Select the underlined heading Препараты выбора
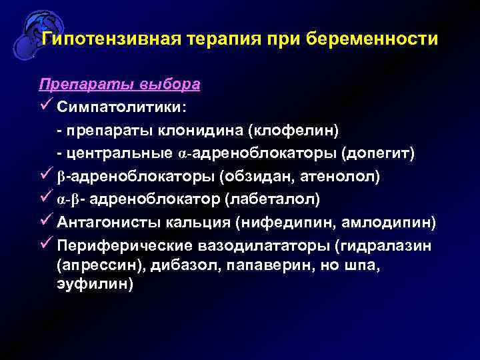click(119, 85)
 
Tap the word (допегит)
click(377, 154)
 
